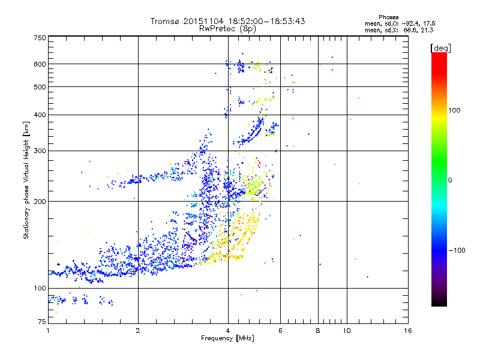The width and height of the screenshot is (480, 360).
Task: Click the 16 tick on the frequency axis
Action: [x=407, y=331]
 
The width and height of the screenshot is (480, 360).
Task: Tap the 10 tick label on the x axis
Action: [x=346, y=331]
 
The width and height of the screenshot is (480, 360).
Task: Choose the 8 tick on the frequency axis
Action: [x=318, y=331]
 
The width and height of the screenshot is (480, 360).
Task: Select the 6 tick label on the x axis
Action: [x=280, y=331]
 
